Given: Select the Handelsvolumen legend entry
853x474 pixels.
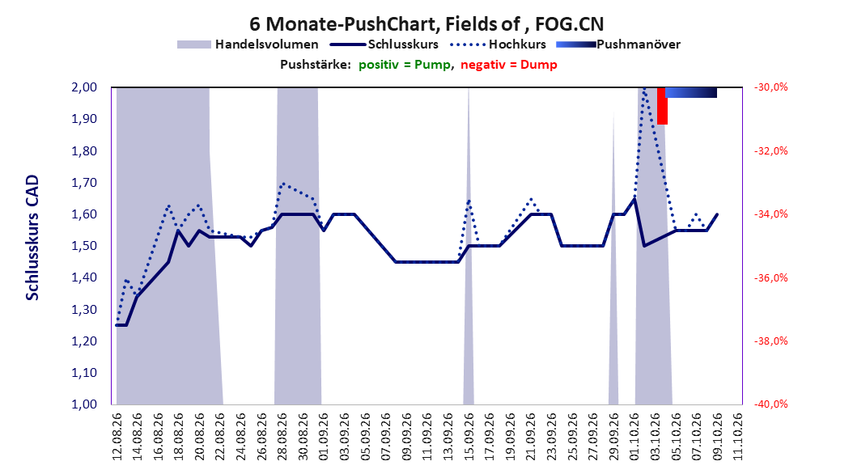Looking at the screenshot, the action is (x=248, y=44).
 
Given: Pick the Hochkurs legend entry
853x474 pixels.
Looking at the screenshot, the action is (x=498, y=44).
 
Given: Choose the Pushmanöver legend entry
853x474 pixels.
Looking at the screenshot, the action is (x=618, y=44).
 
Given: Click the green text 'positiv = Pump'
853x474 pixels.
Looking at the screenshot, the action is (x=404, y=65).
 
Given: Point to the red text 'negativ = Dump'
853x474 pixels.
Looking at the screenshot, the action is (x=509, y=65).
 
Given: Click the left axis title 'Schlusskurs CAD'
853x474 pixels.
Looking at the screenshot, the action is (x=32, y=238).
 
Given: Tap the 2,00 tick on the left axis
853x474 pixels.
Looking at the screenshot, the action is (x=84, y=87).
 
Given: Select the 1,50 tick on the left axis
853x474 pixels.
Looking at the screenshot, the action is (x=84, y=246).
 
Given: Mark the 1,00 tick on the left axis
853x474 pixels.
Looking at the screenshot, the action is (x=84, y=404).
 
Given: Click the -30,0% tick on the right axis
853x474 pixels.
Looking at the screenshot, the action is (x=770, y=87).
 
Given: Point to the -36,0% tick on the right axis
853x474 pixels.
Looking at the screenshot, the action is (x=770, y=277).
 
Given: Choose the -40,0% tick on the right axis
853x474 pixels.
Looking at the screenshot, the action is (x=770, y=404).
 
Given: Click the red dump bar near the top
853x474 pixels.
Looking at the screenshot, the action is (x=662, y=106).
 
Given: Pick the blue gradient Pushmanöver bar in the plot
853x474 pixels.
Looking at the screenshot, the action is (x=691, y=92).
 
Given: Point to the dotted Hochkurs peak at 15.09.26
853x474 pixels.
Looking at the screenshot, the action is (x=469, y=201).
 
